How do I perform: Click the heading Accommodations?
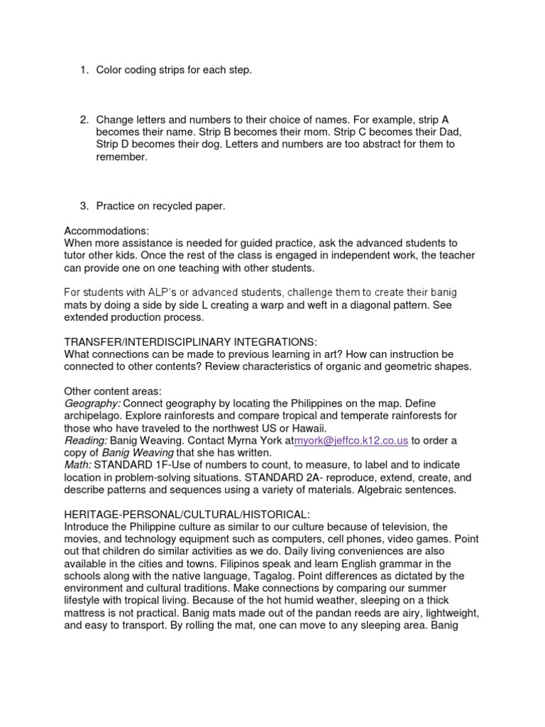(106, 231)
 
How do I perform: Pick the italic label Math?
(77, 465)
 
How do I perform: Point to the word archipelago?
(92, 416)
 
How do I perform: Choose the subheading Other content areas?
(113, 391)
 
